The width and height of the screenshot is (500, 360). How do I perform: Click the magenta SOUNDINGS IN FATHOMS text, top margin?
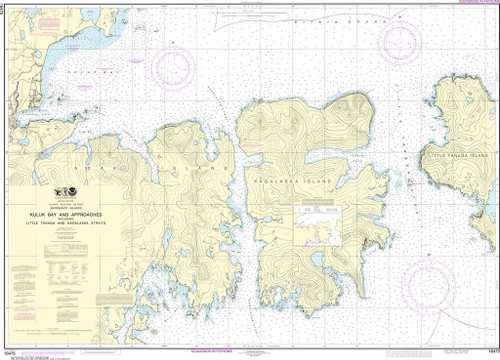pyautogui.click(x=250, y=4)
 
